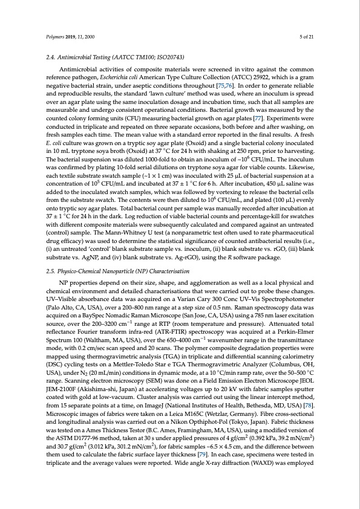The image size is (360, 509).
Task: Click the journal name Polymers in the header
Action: pyautogui.click(x=56, y=37)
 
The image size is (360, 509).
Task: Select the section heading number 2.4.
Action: pyautogui.click(x=51, y=57)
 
